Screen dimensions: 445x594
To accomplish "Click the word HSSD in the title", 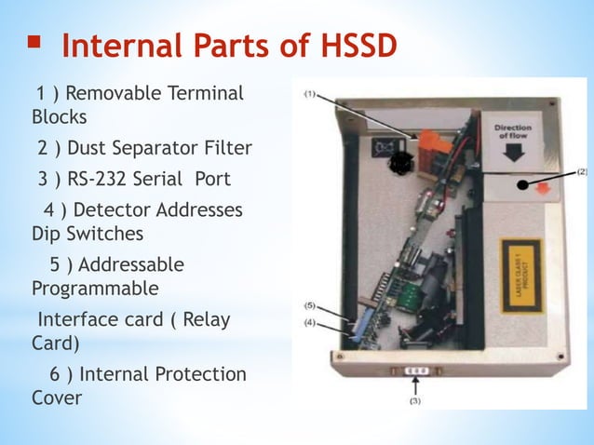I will click(352, 45).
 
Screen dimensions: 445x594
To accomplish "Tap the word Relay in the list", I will click(203, 320).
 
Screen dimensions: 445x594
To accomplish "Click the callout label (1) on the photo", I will click(310, 94).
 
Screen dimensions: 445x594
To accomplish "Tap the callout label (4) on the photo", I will click(310, 322).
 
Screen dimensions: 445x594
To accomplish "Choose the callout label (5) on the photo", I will click(310, 305).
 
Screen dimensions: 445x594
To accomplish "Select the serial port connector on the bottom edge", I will click(418, 371).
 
